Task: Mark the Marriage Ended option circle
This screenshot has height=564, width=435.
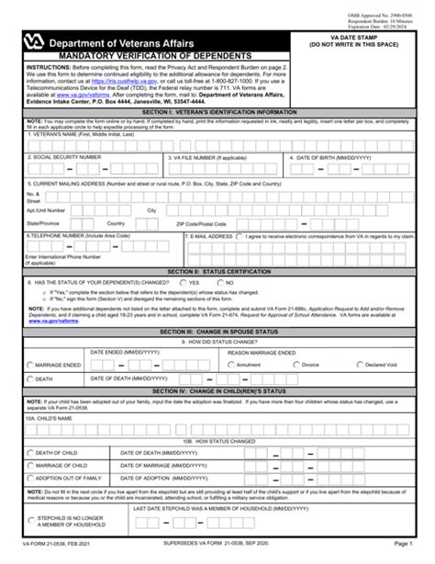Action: pos(29,365)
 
